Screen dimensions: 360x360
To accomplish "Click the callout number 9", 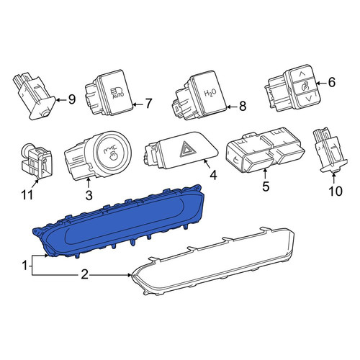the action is coord(72,99).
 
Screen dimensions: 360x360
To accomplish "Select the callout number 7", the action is coord(149,104).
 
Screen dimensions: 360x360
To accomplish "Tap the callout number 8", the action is coord(243,106).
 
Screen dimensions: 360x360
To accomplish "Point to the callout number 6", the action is coord(331,83).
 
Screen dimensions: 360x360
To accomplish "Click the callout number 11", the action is coord(27,195).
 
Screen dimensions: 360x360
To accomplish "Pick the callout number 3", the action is coord(89,195).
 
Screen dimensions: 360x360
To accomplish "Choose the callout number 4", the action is coord(213,175).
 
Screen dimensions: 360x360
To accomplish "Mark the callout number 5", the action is coord(266,186).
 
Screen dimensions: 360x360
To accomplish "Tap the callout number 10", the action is coord(336,192).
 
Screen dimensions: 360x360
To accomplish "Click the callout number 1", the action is coord(24,266).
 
